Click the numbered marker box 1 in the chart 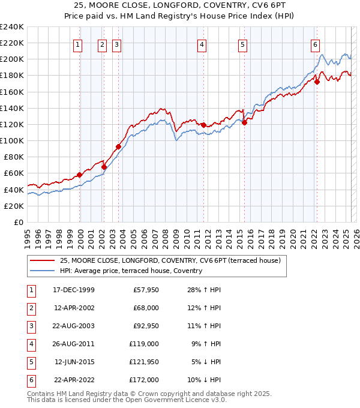click(x=79, y=44)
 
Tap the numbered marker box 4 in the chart click(x=203, y=44)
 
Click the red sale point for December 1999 click(x=79, y=175)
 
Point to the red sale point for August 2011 click(x=203, y=125)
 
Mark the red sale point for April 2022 click(x=317, y=82)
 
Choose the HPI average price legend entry click(x=131, y=271)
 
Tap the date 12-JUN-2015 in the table click(x=74, y=362)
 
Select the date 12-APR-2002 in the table click(x=74, y=308)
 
